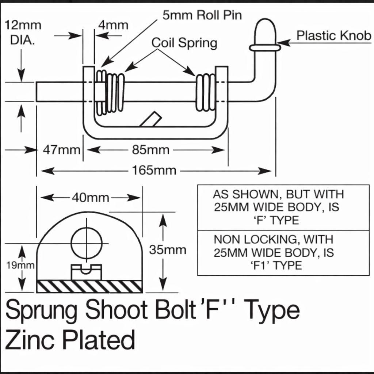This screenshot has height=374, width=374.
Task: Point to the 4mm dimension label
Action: pyautogui.click(x=113, y=25)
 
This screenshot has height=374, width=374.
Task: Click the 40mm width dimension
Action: pyautogui.click(x=91, y=198)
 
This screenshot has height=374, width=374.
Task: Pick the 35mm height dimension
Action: pyautogui.click(x=167, y=250)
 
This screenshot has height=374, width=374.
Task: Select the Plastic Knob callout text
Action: pyautogui.click(x=334, y=35)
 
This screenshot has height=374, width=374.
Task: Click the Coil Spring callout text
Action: pyautogui.click(x=184, y=43)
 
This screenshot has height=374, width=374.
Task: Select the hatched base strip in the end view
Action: pyautogui.click(x=90, y=286)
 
